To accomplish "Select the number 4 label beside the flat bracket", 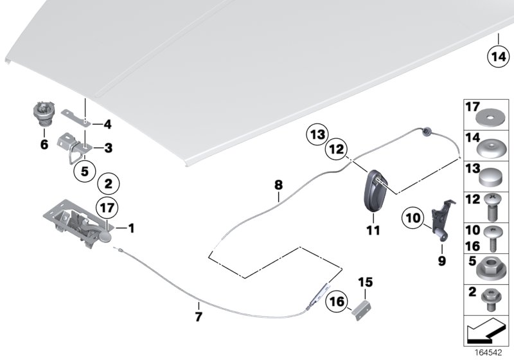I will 108,124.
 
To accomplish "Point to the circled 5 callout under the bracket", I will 84,172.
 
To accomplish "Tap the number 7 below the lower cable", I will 199,316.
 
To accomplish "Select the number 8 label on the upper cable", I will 278,184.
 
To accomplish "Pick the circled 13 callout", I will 315,135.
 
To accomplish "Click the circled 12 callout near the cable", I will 339,150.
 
